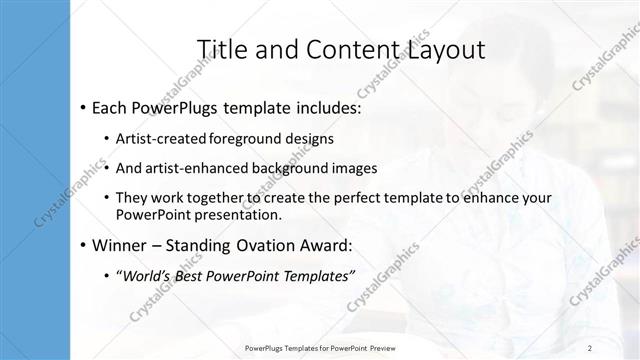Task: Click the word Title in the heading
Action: [x=221, y=49]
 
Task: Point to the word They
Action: [x=131, y=198]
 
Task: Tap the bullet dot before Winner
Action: [x=81, y=245]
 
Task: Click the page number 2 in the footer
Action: [x=591, y=348]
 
